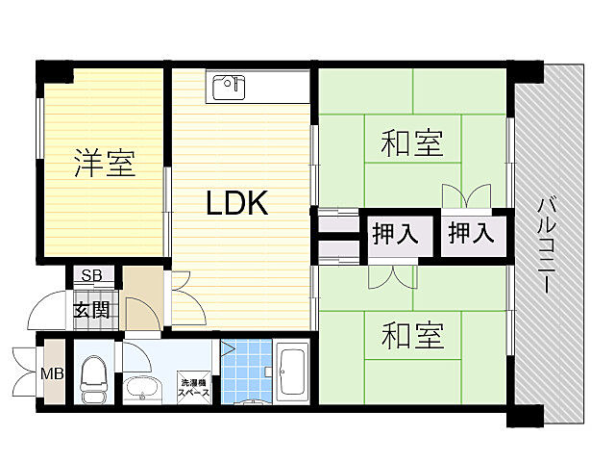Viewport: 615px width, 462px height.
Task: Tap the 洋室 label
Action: tap(104, 163)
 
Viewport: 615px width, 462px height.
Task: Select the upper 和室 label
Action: tap(412, 144)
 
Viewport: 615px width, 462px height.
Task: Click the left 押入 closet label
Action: tap(395, 234)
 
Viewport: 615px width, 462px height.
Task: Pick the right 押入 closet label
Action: tap(472, 234)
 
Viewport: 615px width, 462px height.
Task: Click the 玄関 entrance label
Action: tap(93, 310)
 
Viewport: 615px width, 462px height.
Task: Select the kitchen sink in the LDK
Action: tap(229, 84)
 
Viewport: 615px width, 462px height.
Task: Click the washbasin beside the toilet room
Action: tap(145, 390)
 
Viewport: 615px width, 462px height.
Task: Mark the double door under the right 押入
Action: tap(461, 196)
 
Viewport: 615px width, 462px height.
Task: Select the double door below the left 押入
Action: tap(392, 277)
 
